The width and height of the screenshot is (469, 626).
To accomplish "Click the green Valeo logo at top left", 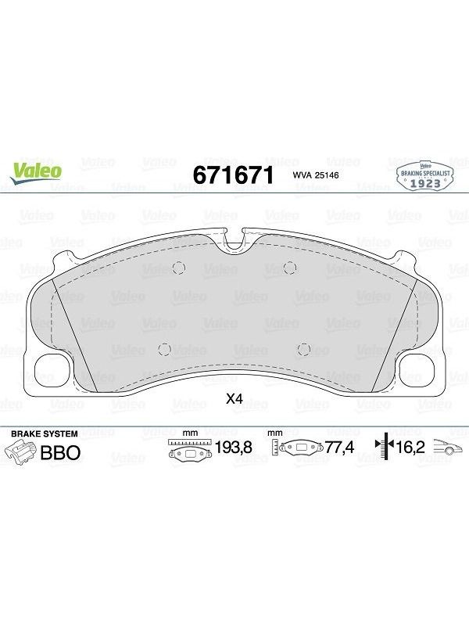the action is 36,173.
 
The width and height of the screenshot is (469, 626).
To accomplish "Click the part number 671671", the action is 234,174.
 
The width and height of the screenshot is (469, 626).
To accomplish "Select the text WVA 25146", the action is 316,174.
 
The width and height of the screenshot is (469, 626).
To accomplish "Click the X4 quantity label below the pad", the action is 234,398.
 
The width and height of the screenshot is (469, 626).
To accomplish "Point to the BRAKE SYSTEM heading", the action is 45,434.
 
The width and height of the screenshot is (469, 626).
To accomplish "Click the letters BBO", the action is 61,453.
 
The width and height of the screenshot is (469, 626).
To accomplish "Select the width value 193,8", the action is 233,447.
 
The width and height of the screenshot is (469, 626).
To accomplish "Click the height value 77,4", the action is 340,447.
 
